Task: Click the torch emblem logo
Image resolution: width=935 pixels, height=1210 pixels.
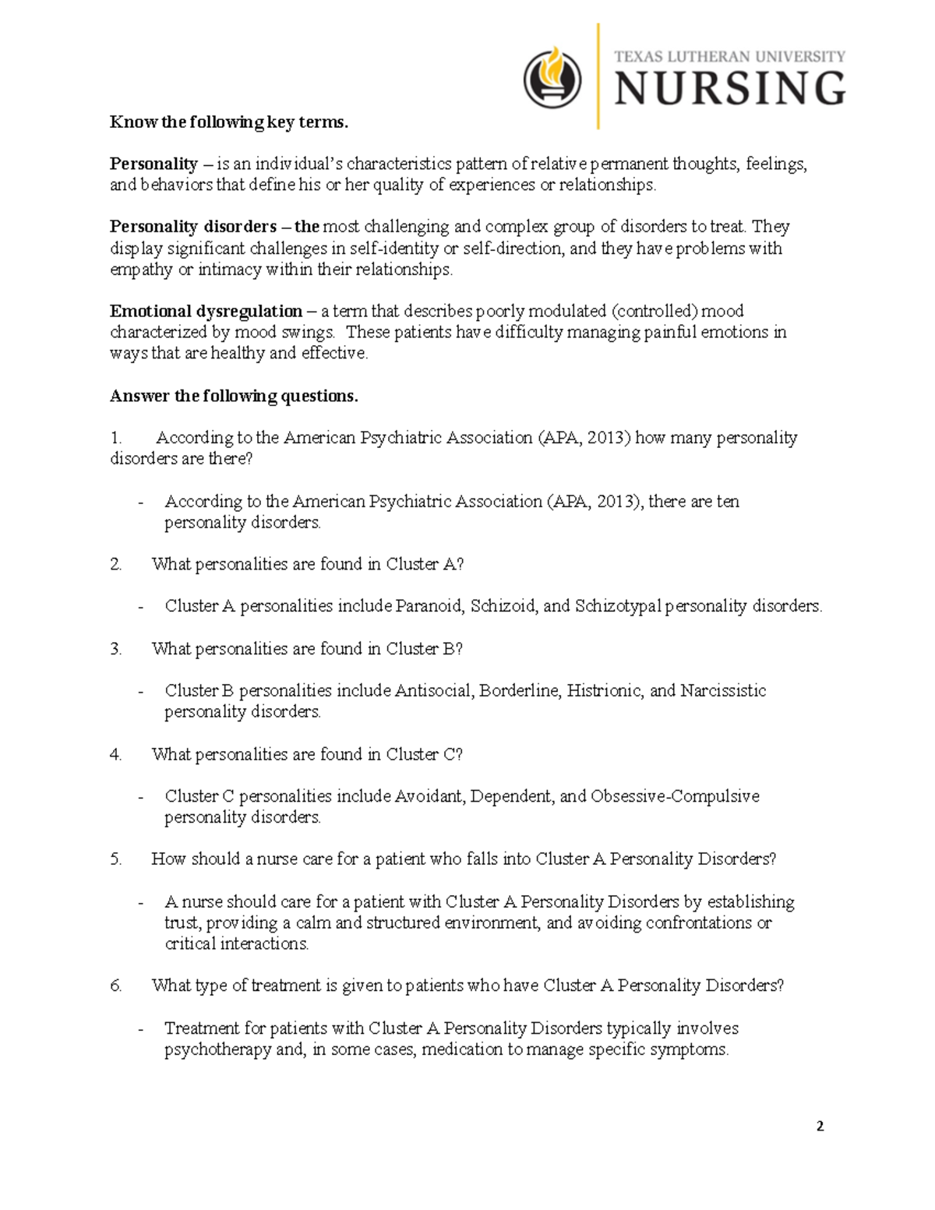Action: pyautogui.click(x=552, y=78)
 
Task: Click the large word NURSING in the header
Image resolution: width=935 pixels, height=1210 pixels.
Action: pyautogui.click(x=729, y=88)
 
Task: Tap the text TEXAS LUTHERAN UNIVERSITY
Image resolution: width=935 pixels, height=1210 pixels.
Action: pyautogui.click(x=729, y=56)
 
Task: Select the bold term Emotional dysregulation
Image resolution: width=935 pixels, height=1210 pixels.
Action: pyautogui.click(x=206, y=311)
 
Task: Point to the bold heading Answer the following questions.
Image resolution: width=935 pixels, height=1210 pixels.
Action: pyautogui.click(x=234, y=396)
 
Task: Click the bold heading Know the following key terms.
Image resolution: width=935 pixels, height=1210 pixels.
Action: pyautogui.click(x=229, y=122)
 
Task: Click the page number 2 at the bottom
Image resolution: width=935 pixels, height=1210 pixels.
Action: pyautogui.click(x=820, y=1126)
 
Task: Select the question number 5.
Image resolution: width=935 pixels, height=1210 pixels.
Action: pyautogui.click(x=116, y=859)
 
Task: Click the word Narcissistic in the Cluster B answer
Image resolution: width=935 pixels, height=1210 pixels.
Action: pyautogui.click(x=723, y=690)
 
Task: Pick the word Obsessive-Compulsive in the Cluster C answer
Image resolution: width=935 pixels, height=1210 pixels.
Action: pyautogui.click(x=675, y=796)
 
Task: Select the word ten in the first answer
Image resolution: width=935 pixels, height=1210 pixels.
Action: pyautogui.click(x=727, y=501)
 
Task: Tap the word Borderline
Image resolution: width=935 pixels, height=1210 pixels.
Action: pyautogui.click(x=520, y=690)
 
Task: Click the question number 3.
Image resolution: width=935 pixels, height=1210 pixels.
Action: pyautogui.click(x=116, y=649)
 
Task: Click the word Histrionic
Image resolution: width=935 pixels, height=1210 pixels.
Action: pyautogui.click(x=605, y=690)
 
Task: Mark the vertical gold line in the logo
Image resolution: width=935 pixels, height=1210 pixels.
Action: pyautogui.click(x=598, y=76)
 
